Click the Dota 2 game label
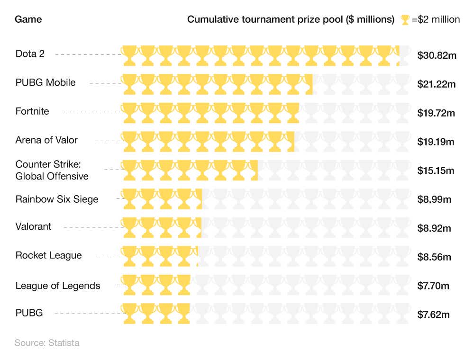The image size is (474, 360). pyautogui.click(x=30, y=54)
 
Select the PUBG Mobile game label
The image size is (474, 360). pyautogui.click(x=46, y=82)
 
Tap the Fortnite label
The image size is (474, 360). pyautogui.click(x=32, y=111)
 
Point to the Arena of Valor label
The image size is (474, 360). pyautogui.click(x=46, y=140)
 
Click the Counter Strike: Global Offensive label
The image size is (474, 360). pyautogui.click(x=52, y=170)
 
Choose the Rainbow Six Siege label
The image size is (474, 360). pyautogui.click(x=57, y=199)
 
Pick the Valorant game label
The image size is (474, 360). pyautogui.click(x=33, y=226)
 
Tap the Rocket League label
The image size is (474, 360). pyautogui.click(x=48, y=255)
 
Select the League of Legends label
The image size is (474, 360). pyautogui.click(x=58, y=286)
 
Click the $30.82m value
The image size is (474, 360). pyautogui.click(x=437, y=55)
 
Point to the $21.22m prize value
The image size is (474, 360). pyautogui.click(x=437, y=84)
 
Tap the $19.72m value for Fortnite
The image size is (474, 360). pyautogui.click(x=436, y=113)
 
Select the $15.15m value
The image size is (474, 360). pyautogui.click(x=436, y=171)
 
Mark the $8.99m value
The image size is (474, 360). pyautogui.click(x=434, y=199)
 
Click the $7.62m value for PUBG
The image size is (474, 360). pyautogui.click(x=434, y=315)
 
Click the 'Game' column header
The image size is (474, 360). pyautogui.click(x=28, y=19)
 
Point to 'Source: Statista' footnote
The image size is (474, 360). pyautogui.click(x=47, y=342)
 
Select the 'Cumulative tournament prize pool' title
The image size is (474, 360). pyautogui.click(x=291, y=19)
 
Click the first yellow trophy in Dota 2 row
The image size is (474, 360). pyautogui.click(x=130, y=55)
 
